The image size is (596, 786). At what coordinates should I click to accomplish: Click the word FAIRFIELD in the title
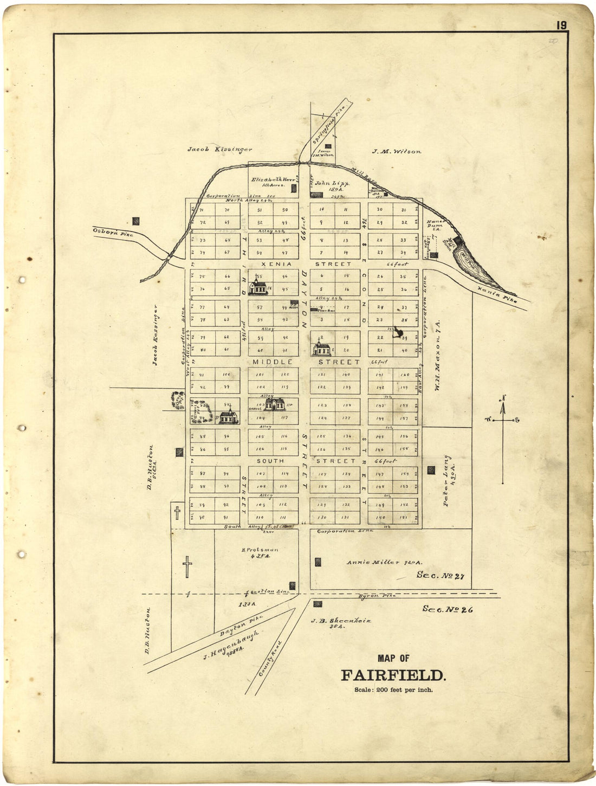[x=393, y=675]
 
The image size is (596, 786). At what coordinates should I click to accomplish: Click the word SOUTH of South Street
[x=270, y=461]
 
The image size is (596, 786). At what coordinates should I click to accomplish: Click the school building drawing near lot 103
[x=275, y=404]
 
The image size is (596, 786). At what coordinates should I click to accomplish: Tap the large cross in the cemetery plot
[x=187, y=566]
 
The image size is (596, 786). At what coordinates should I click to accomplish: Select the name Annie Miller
[x=373, y=563]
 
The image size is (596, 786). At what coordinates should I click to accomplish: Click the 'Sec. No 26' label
[x=448, y=609]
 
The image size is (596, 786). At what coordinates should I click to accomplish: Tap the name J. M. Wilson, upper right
[x=396, y=152]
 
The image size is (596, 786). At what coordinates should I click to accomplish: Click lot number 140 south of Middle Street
[x=347, y=375]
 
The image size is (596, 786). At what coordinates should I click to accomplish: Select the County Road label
[x=271, y=658]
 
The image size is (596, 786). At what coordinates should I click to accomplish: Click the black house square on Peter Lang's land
[x=431, y=470]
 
